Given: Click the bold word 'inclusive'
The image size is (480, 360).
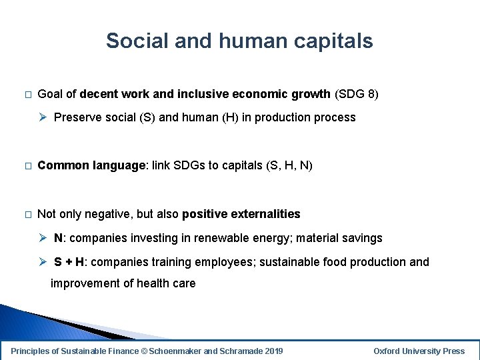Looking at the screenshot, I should point(190,94).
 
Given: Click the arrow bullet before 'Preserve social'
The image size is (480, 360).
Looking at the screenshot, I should point(43,117).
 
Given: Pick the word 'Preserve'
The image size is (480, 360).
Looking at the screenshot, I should point(77,117).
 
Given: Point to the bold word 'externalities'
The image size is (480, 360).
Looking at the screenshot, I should point(265,214).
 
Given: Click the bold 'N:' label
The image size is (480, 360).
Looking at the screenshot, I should point(60,238).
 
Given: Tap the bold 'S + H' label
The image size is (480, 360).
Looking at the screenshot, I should point(69,262).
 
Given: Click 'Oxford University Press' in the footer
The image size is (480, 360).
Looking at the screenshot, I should point(419,351).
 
